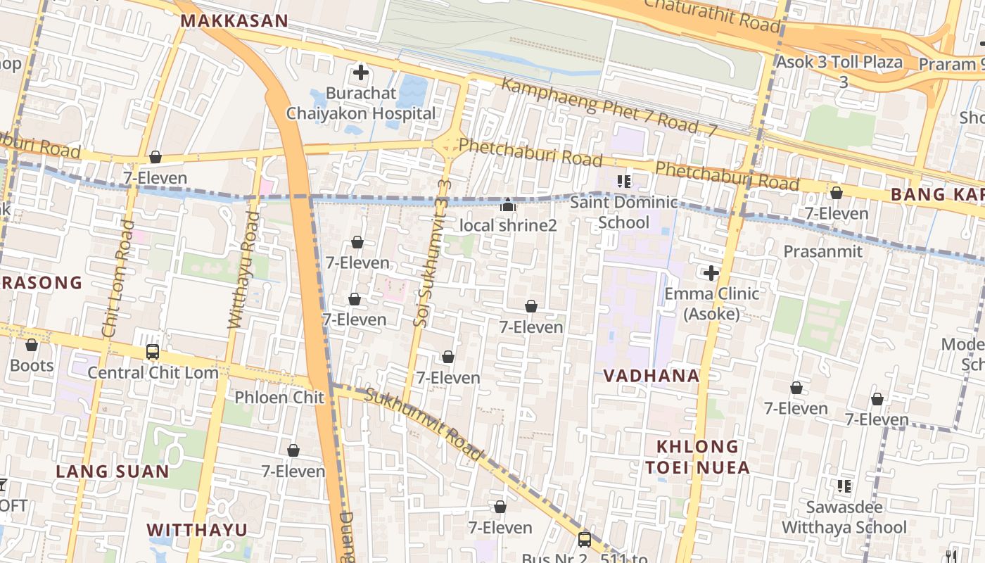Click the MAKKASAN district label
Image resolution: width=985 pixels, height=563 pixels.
(x=234, y=20)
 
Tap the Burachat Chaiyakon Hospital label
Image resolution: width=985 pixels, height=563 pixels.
(x=361, y=103)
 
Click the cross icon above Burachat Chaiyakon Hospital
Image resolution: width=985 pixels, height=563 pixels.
(x=361, y=72)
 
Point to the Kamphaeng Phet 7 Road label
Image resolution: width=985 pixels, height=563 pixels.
(x=609, y=107)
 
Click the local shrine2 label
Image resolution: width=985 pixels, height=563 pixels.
(x=507, y=225)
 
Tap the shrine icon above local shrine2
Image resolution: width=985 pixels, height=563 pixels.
(x=507, y=205)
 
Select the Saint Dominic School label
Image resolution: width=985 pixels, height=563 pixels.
(x=623, y=213)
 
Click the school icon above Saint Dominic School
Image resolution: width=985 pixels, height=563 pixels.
(x=623, y=182)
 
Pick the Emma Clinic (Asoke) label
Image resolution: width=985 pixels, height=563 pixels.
(x=711, y=303)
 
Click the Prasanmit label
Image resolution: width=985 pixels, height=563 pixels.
(x=822, y=251)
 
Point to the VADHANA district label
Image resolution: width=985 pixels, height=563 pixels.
(x=652, y=376)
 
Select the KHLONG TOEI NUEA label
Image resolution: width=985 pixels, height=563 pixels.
(x=697, y=457)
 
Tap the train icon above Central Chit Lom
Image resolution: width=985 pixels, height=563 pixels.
(x=153, y=351)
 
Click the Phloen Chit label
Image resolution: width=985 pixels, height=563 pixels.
(x=279, y=398)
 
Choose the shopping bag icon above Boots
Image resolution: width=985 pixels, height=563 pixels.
(x=32, y=345)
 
